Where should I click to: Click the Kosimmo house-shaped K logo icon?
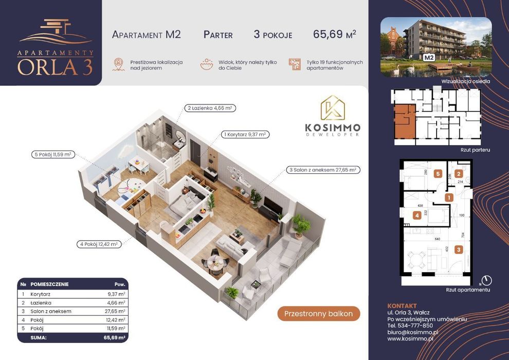[333, 109]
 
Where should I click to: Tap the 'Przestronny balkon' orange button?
[319, 314]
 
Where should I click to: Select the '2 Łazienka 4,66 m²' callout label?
[210, 109]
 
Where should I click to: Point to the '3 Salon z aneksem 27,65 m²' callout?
[322, 169]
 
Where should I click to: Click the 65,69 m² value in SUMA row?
[114, 338]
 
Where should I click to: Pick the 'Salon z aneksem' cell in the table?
[51, 311]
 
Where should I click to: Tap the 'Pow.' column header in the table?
[119, 284]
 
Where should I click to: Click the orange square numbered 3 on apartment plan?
[459, 250]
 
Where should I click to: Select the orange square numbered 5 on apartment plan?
[438, 174]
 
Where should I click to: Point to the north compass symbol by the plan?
[486, 280]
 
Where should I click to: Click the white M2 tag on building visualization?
[428, 58]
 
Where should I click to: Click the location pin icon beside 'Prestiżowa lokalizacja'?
[118, 64]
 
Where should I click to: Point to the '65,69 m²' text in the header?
[334, 34]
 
